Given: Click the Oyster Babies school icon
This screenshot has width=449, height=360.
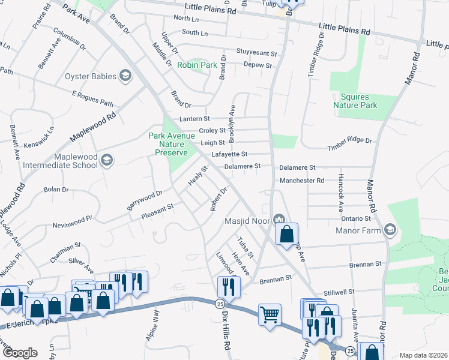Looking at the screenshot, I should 125,76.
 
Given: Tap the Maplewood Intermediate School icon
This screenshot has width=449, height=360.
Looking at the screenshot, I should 106,160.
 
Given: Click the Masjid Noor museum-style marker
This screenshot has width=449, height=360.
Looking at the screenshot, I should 279,220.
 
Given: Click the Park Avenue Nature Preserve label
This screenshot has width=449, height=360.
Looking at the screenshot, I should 172,144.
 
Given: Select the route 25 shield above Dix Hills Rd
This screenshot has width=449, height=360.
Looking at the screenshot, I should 220,304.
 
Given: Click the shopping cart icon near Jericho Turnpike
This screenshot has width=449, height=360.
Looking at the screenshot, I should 270,314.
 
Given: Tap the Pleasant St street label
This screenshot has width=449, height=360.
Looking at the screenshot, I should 157,209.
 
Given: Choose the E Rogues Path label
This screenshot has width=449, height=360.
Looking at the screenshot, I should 92,98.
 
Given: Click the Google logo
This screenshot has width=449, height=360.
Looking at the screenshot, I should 19,353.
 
